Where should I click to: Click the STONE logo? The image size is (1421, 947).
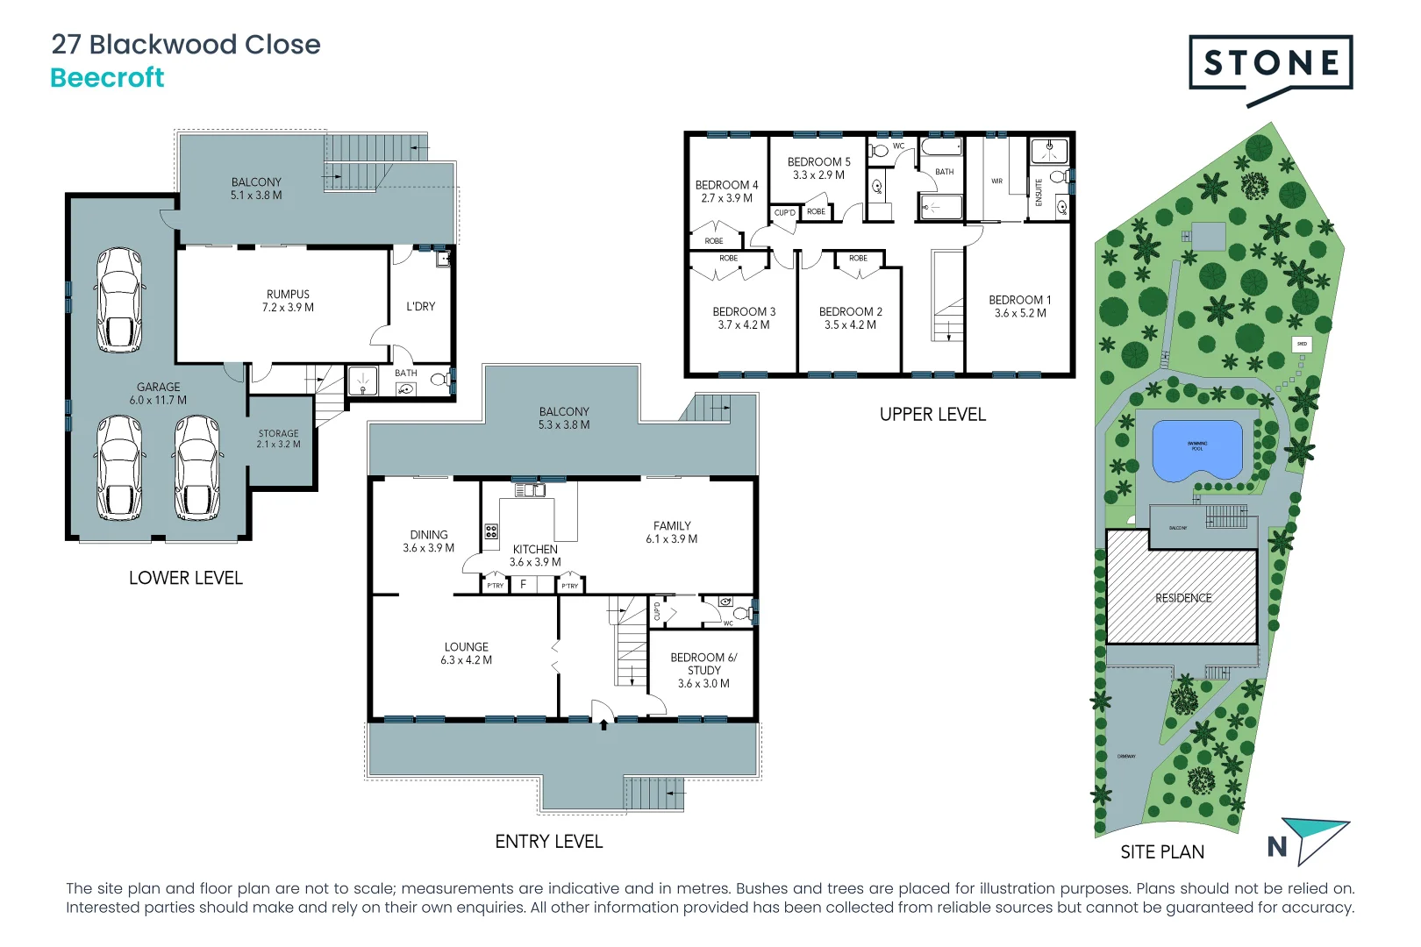1270,63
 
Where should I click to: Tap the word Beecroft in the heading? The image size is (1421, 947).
107,78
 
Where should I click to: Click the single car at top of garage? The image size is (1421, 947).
118,299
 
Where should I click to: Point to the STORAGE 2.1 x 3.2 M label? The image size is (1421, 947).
278,438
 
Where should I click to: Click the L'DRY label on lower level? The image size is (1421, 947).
420,307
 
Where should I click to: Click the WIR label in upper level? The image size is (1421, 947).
996,182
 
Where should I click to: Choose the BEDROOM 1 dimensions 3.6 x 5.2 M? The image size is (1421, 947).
1019,313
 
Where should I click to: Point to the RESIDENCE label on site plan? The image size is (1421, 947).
1182,598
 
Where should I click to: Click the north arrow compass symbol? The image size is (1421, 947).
1311,840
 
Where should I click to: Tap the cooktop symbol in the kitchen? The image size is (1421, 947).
491,531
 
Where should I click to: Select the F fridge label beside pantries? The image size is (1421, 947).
524,584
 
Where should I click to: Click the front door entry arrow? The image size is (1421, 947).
603,724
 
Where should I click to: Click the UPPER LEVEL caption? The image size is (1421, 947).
932,415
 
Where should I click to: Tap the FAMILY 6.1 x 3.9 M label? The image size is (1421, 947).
671,532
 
